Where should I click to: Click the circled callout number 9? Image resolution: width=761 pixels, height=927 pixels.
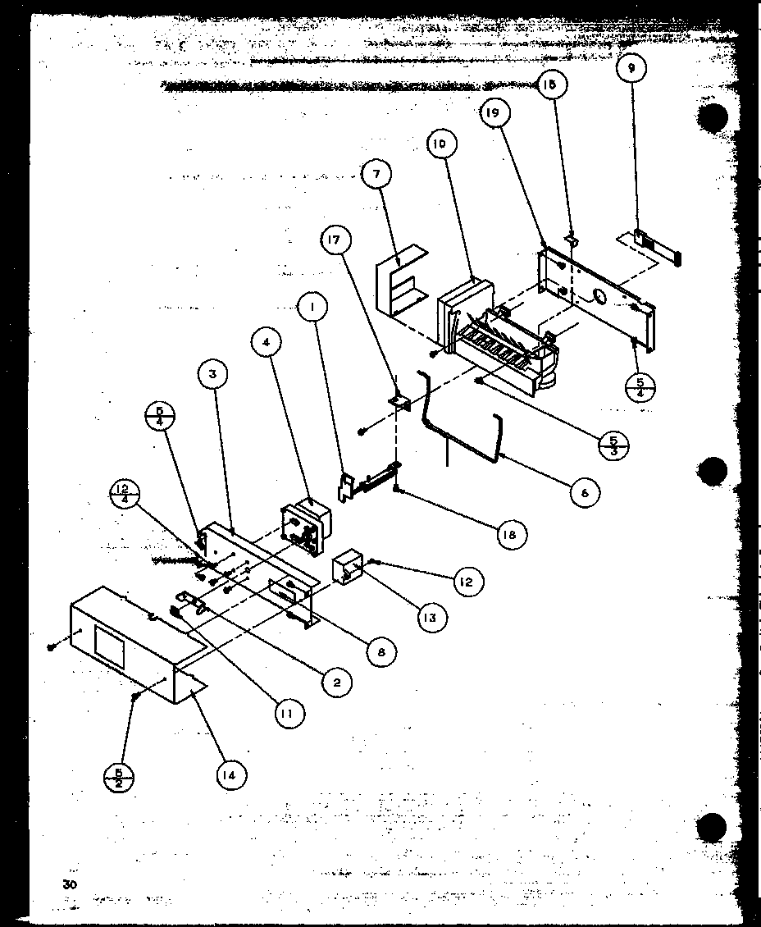pos(631,70)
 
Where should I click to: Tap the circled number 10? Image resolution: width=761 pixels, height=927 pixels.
pos(440,144)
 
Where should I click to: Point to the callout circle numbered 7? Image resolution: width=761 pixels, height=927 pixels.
pos(376,174)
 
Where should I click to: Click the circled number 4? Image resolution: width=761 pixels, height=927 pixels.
pos(267,343)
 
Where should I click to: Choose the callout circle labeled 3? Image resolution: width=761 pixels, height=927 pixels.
pos(212,377)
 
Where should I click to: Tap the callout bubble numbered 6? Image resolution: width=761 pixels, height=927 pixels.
pos(584,492)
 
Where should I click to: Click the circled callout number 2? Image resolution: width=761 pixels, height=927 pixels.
pos(337,681)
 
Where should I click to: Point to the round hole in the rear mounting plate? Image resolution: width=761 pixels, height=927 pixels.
pos(596,297)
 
